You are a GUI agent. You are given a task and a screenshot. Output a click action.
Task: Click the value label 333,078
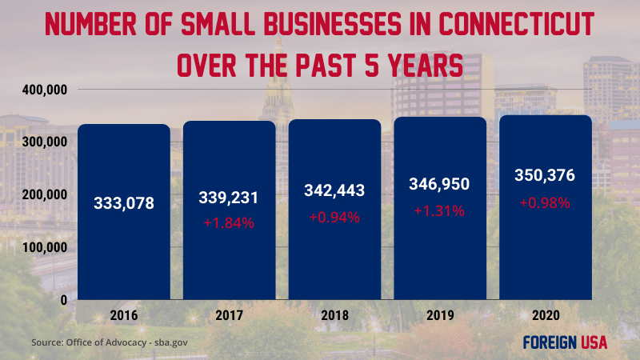pos(124,203)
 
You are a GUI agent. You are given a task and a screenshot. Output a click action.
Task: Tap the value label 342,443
pos(334,190)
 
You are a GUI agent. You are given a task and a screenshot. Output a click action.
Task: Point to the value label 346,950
pos(439,184)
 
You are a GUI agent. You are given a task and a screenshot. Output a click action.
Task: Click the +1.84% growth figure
pos(229,223)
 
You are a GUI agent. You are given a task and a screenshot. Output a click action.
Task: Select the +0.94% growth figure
pos(334,216)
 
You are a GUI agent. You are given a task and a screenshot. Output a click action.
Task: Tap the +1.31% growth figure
pos(439,210)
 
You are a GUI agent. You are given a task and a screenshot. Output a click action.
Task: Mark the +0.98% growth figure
pos(545,202)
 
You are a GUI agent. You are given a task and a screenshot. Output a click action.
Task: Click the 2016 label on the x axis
pos(124,314)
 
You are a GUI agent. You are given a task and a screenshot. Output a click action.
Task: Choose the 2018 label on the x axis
pos(334,314)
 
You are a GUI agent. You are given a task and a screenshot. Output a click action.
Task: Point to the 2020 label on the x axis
pos(545,314)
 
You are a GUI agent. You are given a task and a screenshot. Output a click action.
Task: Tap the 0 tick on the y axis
pos(61,299)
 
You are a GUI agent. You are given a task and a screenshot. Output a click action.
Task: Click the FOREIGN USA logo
pos(564,342)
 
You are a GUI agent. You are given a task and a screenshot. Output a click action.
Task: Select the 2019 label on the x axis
pos(439,314)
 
